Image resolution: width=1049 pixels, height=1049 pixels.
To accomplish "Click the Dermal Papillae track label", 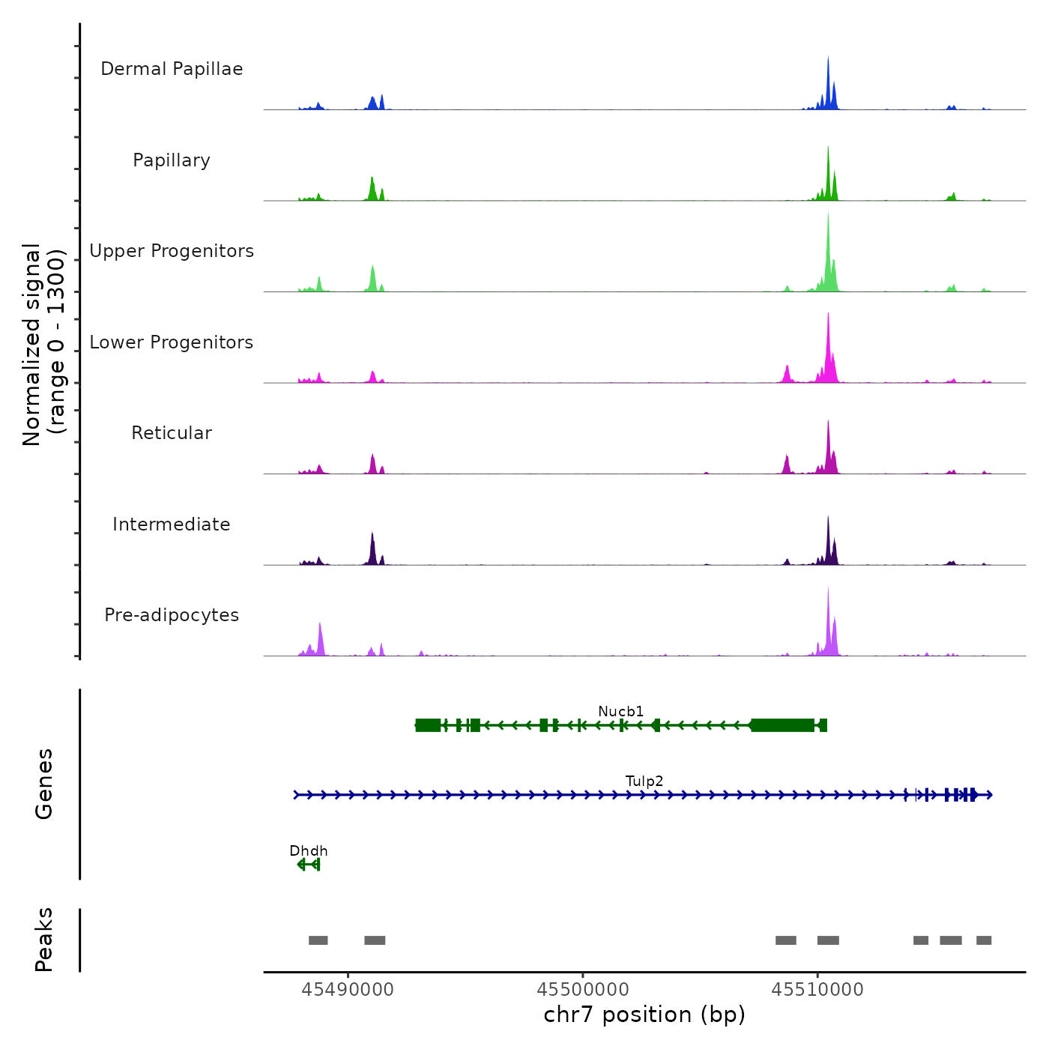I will (x=172, y=69).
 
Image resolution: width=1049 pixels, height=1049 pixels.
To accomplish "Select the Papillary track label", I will (x=172, y=160).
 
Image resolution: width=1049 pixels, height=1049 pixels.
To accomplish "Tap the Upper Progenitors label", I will (x=172, y=251).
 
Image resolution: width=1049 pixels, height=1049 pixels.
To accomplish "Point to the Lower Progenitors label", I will (x=172, y=342).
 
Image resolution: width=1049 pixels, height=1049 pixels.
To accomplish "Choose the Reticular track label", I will (x=172, y=433).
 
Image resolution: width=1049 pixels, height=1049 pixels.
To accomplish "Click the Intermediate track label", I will (x=172, y=524).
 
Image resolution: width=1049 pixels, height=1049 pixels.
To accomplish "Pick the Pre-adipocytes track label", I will (x=172, y=615).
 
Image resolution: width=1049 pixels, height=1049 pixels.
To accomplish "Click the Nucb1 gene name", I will (x=620, y=711).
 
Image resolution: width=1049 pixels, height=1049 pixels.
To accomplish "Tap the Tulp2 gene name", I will (x=644, y=781).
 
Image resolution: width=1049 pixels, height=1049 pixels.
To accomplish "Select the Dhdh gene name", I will (x=309, y=850).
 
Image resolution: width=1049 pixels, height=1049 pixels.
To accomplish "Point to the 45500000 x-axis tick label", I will (x=583, y=990).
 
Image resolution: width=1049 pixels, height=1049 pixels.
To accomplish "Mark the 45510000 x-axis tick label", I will (x=817, y=990).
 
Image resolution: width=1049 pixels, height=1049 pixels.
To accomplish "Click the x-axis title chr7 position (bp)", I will (x=644, y=1015).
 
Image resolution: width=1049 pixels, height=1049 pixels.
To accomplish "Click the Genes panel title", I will (x=44, y=784).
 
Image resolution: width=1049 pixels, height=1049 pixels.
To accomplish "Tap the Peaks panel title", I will (x=44, y=940).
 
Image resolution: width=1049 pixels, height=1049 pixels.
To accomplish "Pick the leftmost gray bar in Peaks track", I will (x=318, y=940).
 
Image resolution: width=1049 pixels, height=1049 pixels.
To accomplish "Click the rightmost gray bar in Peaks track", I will (x=984, y=940).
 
